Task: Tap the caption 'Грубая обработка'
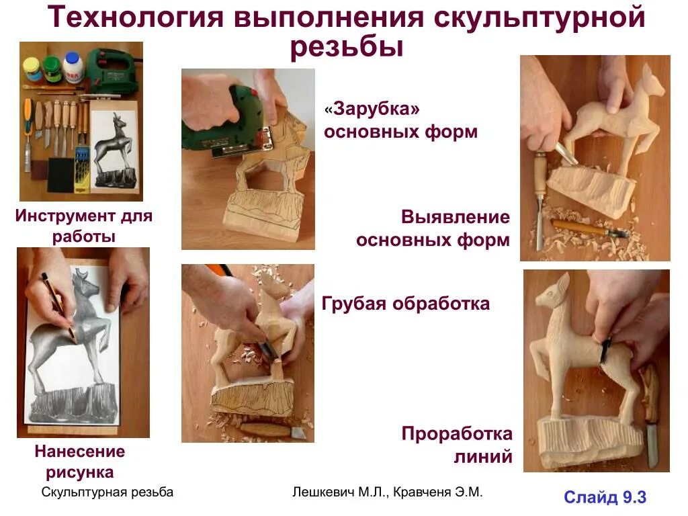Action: (405, 304)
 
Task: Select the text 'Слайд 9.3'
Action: (605, 497)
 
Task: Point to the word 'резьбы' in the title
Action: (347, 48)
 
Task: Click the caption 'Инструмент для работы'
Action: (84, 226)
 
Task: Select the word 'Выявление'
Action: (456, 218)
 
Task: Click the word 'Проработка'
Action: (457, 433)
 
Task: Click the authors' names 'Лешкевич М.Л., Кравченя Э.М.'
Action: (388, 492)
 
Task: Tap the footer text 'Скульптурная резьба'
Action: (107, 492)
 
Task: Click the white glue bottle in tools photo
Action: (72, 67)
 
